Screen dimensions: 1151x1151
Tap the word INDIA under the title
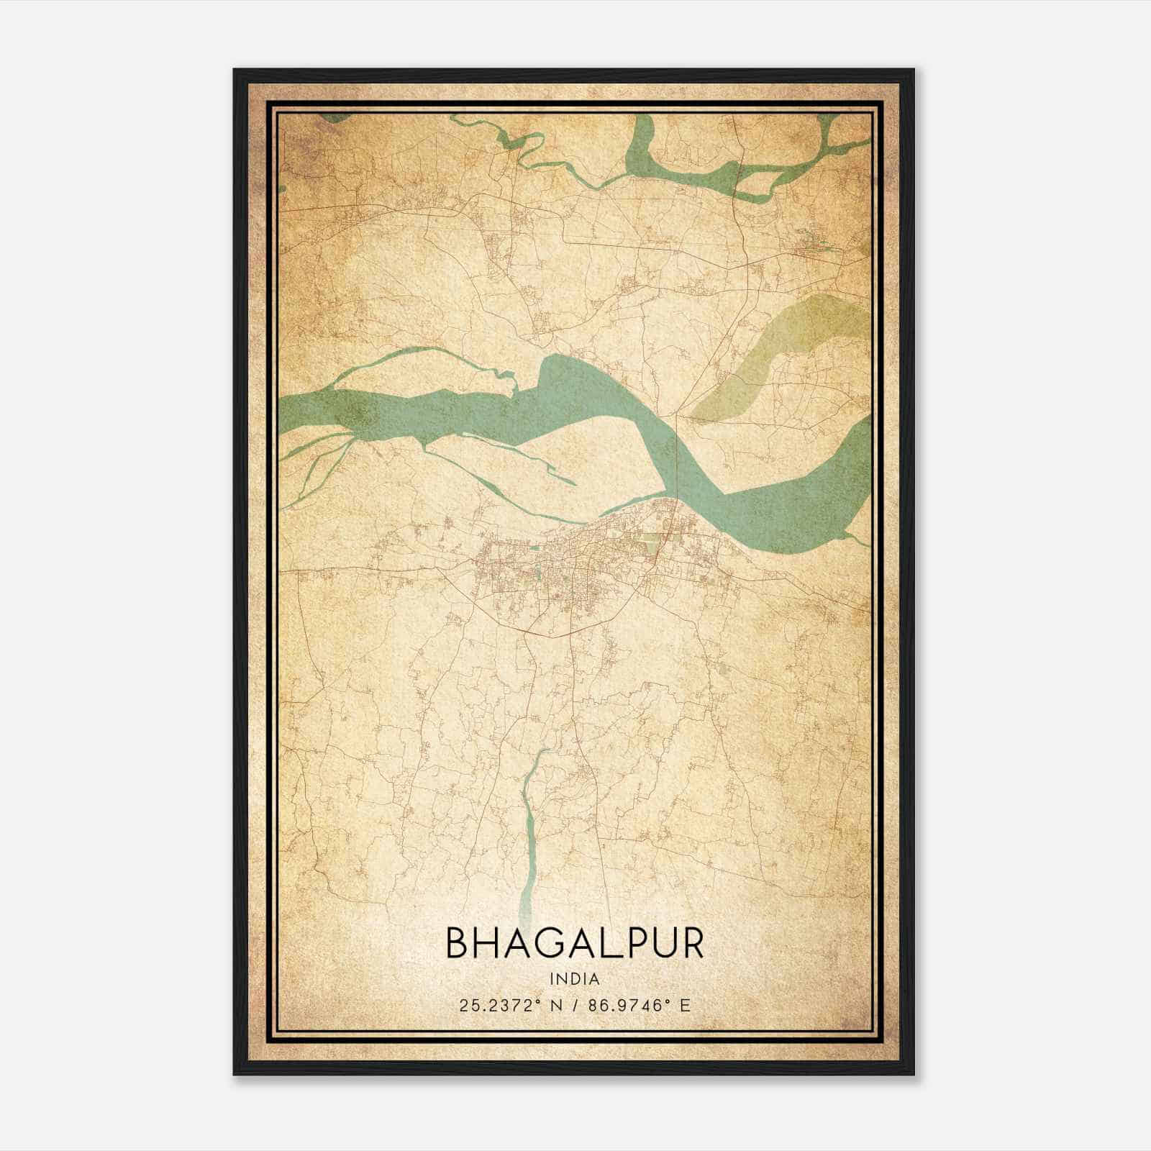pyautogui.click(x=575, y=978)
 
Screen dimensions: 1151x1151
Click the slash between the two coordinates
pyautogui.click(x=575, y=1005)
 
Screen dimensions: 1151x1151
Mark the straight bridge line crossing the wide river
pyautogui.click(x=677, y=453)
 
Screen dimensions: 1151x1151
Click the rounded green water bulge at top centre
pyautogui.click(x=640, y=144)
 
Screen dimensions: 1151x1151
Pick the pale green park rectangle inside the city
pyautogui.click(x=651, y=542)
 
